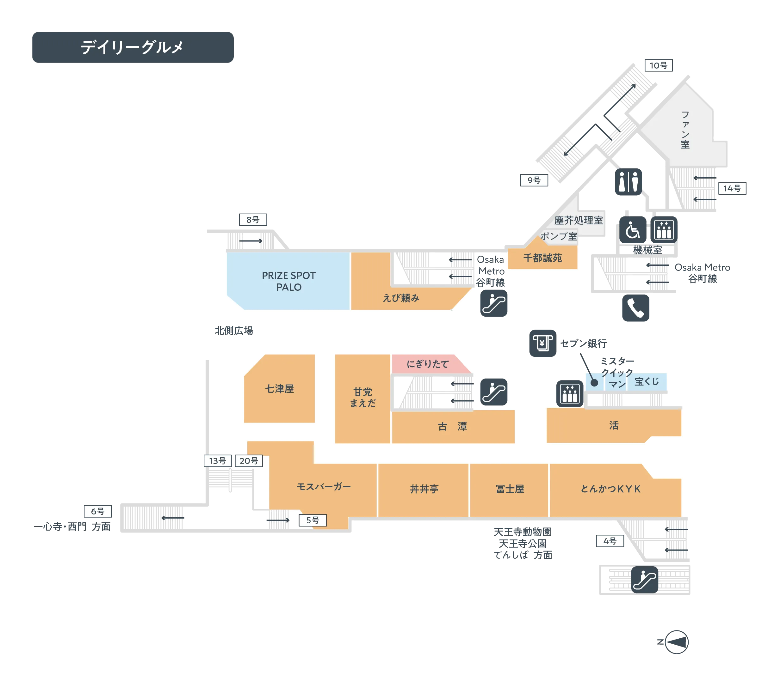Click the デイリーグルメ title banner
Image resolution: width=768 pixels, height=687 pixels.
coord(132,47)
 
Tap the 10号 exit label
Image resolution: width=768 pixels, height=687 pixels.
coord(657,65)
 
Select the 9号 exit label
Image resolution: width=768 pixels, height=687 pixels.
coord(533,180)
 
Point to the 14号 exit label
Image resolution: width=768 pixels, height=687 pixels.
coord(731,188)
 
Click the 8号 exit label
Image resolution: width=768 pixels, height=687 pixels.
coord(253,220)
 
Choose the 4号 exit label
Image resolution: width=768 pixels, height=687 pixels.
coord(609,541)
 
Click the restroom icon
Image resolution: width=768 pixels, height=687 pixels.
coord(628,182)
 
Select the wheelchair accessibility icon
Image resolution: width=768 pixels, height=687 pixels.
coord(632,229)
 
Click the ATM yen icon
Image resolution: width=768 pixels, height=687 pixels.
coord(542,343)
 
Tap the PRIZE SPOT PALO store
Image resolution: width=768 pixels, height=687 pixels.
coord(288,281)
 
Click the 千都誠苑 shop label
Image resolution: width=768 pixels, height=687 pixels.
coord(542,258)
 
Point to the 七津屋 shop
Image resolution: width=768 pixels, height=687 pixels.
coord(279,389)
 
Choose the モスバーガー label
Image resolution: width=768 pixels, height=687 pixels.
coord(324,487)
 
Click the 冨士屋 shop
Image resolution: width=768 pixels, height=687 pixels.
coord(510,489)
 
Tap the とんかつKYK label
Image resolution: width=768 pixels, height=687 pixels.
coord(610,489)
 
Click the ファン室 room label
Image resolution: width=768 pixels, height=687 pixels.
coord(684,130)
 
